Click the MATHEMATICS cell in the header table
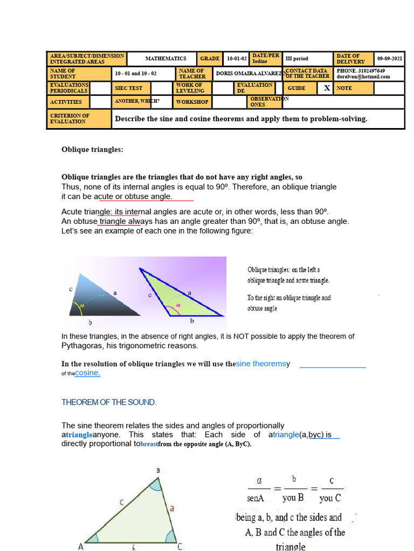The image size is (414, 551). click(x=165, y=59)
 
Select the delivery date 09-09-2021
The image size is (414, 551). click(x=389, y=59)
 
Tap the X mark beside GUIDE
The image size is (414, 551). click(x=327, y=88)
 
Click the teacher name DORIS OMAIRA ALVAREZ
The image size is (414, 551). click(x=249, y=73)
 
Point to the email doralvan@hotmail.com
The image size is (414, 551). click(x=363, y=76)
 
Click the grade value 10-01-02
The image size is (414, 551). click(x=237, y=59)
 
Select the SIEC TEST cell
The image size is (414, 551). click(x=128, y=88)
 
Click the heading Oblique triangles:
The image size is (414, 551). click(x=92, y=150)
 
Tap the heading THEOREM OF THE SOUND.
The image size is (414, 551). click(x=109, y=402)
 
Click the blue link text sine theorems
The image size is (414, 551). click(x=261, y=364)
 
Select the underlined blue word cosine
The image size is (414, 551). click(x=87, y=373)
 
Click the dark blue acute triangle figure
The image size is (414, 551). click(x=108, y=300)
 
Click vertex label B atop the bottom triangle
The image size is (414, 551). click(x=158, y=470)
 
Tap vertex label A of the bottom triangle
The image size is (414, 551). click(x=81, y=547)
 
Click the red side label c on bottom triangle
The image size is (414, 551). click(x=122, y=502)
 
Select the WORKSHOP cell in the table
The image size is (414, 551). click(x=192, y=102)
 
